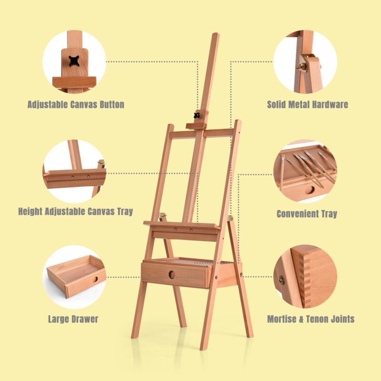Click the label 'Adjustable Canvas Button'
click(x=76, y=104)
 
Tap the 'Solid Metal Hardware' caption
click(x=307, y=104)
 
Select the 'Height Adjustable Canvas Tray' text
click(x=76, y=211)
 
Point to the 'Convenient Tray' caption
click(x=307, y=214)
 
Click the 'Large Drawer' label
click(x=73, y=319)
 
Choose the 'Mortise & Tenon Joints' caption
click(x=311, y=319)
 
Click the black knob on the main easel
click(x=197, y=115)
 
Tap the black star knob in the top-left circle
click(x=74, y=61)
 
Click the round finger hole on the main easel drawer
click(x=172, y=275)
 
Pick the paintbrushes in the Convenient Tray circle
click(x=309, y=168)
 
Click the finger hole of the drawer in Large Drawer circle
click(x=95, y=279)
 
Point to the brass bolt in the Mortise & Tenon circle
click(x=282, y=280)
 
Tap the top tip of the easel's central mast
click(x=216, y=33)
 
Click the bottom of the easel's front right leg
click(x=203, y=349)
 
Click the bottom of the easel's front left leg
click(x=134, y=337)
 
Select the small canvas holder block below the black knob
click(x=196, y=126)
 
